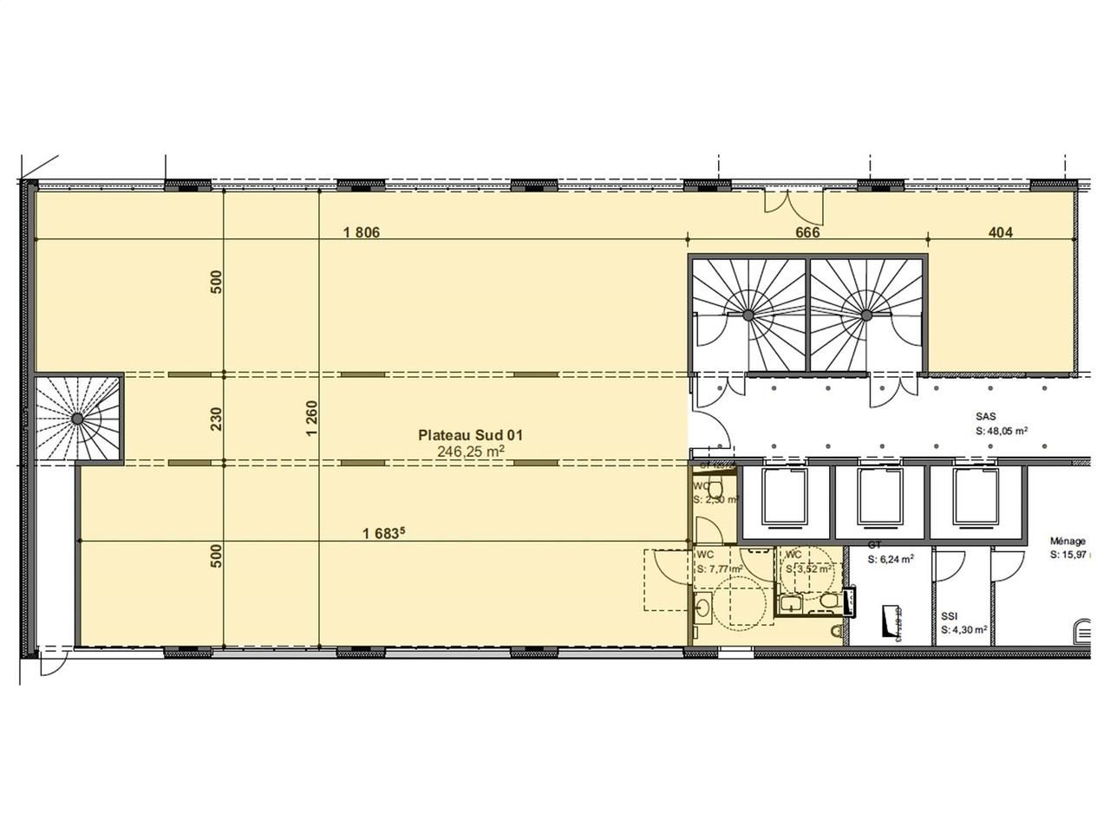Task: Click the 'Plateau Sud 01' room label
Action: coord(470,435)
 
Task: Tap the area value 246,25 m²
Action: coord(472,452)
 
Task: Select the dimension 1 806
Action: coord(362,232)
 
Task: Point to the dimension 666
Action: coord(807,232)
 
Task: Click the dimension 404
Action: coord(1001,232)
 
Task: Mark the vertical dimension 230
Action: coord(217,419)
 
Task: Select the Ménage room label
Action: coord(1067,542)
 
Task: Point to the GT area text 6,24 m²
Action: coord(891,560)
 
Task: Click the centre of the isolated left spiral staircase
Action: coord(78,419)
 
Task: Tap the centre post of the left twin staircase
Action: coord(747,315)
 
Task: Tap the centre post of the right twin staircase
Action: coord(865,315)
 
